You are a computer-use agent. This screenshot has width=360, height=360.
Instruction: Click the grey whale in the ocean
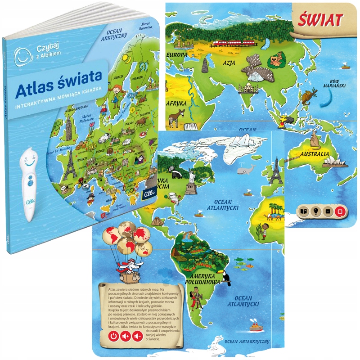point(248,170)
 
